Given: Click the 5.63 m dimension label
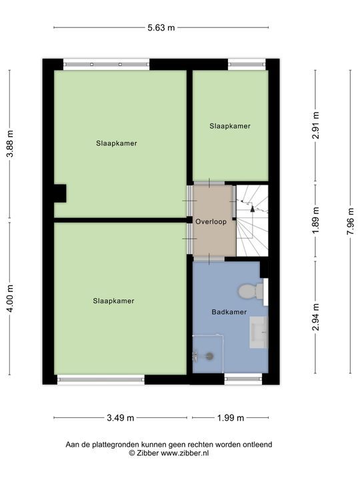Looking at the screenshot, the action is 161,28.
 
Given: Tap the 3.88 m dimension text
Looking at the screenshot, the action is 10,143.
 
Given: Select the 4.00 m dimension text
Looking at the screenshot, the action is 10,299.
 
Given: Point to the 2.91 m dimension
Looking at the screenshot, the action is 315,125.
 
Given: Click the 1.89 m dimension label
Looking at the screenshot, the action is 315,221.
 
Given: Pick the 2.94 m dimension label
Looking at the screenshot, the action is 315,317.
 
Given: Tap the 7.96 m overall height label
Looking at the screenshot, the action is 350,221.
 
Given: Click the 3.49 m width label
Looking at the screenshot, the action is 120,418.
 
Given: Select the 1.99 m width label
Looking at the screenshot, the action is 231,418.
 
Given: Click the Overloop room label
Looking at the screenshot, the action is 211,221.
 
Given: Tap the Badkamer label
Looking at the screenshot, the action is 229,312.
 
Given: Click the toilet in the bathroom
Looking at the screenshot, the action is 251,291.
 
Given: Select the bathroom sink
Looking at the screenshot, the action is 259,332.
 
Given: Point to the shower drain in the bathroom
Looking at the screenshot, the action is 210,356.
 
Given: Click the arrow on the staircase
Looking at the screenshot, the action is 253,209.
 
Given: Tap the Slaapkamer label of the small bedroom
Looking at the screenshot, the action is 230,126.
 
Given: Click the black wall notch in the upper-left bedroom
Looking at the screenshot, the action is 60,193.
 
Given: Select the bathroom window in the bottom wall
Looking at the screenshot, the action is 243,379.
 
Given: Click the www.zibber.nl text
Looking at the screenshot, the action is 185,453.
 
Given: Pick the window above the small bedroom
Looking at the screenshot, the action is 247,65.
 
